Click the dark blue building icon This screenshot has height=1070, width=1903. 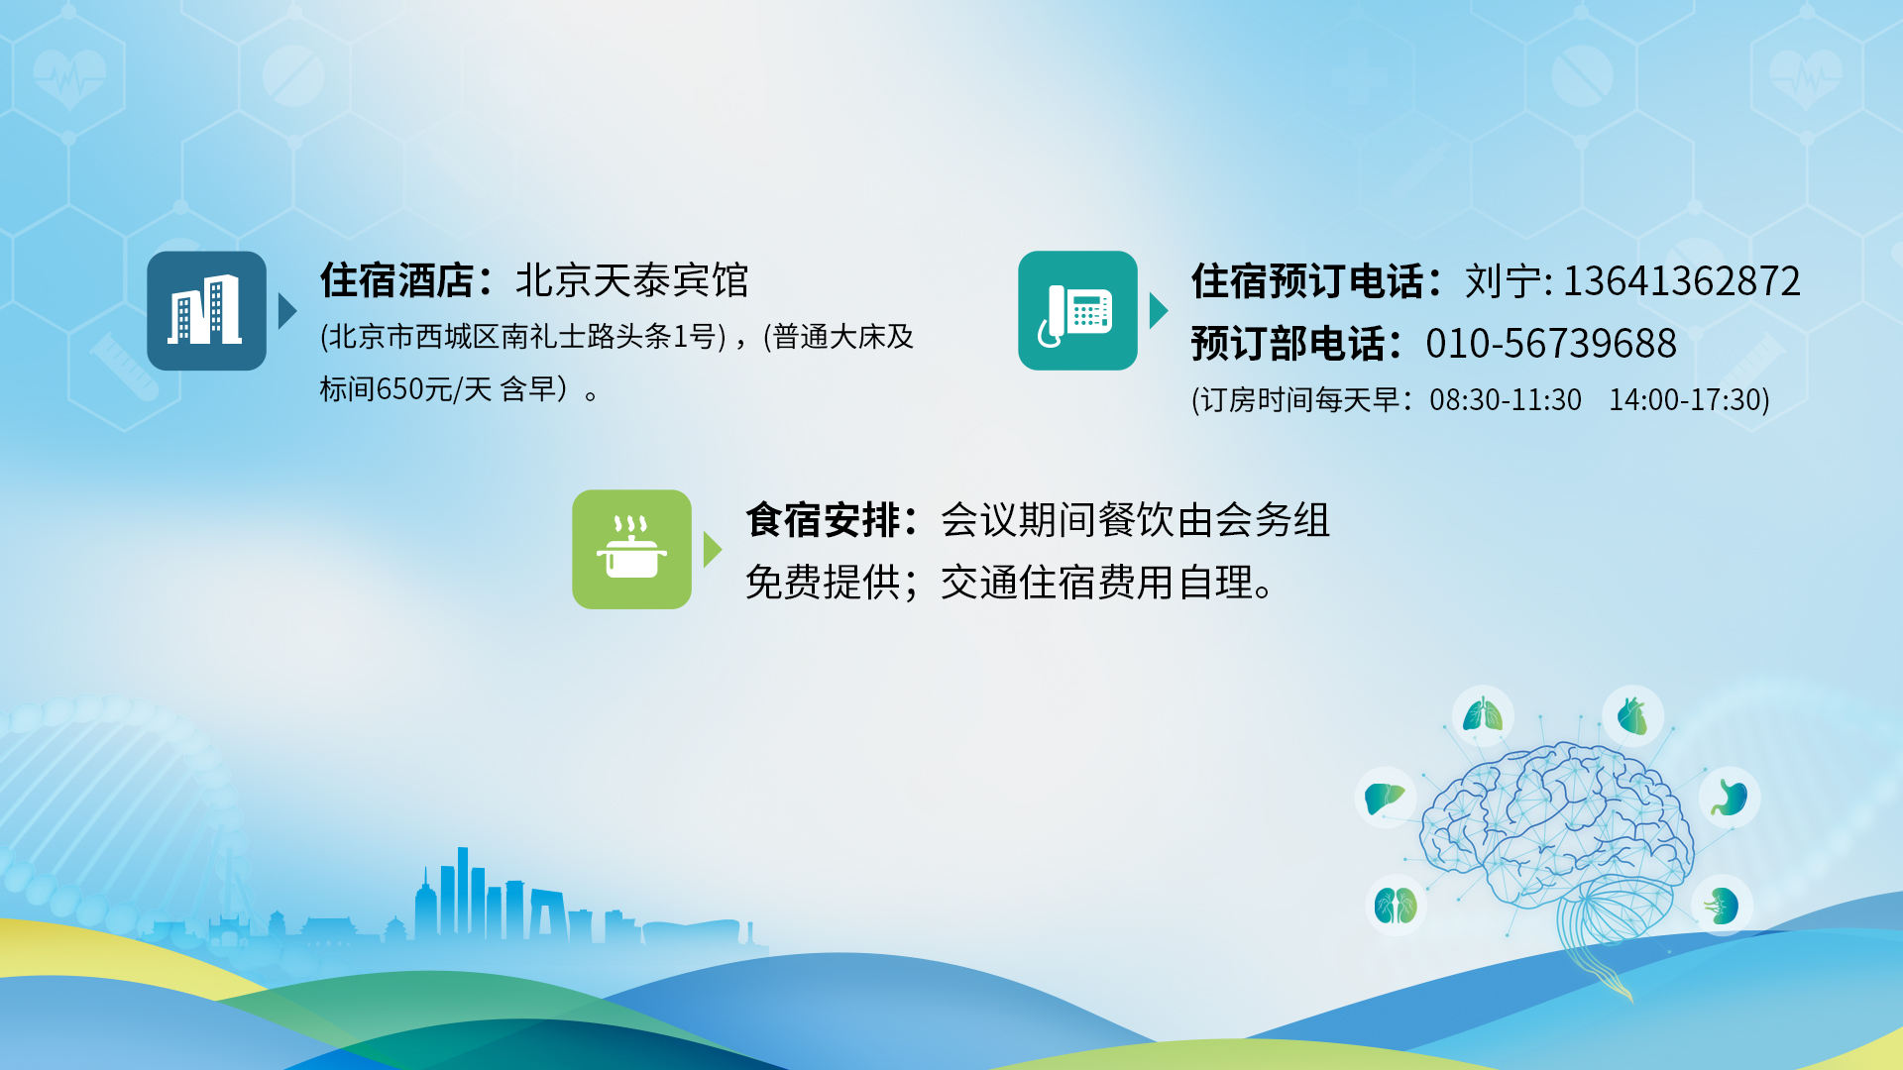click(206, 310)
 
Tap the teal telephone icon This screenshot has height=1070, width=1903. click(1077, 310)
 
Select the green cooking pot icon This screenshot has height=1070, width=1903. click(631, 549)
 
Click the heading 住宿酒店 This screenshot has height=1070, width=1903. click(396, 280)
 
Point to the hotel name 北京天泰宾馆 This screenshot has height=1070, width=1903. click(632, 280)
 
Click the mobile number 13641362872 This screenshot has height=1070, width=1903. click(1681, 281)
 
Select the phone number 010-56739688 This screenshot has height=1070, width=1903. click(1551, 344)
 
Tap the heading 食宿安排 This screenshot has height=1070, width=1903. click(823, 520)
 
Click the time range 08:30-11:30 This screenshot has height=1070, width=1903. click(1505, 399)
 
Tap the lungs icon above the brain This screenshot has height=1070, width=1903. click(1483, 714)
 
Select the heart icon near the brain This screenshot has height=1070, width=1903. click(1631, 715)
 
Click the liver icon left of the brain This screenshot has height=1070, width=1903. click(1385, 798)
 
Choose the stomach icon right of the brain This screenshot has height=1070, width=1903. click(1730, 798)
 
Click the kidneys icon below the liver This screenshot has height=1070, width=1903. click(1396, 906)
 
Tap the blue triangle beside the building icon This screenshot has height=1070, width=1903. click(287, 310)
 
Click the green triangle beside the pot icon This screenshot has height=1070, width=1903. click(713, 549)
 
